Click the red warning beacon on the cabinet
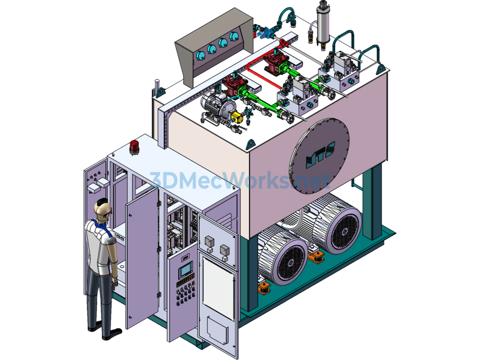(134, 147)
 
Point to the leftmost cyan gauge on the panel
(201, 56)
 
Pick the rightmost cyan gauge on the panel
(234, 37)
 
